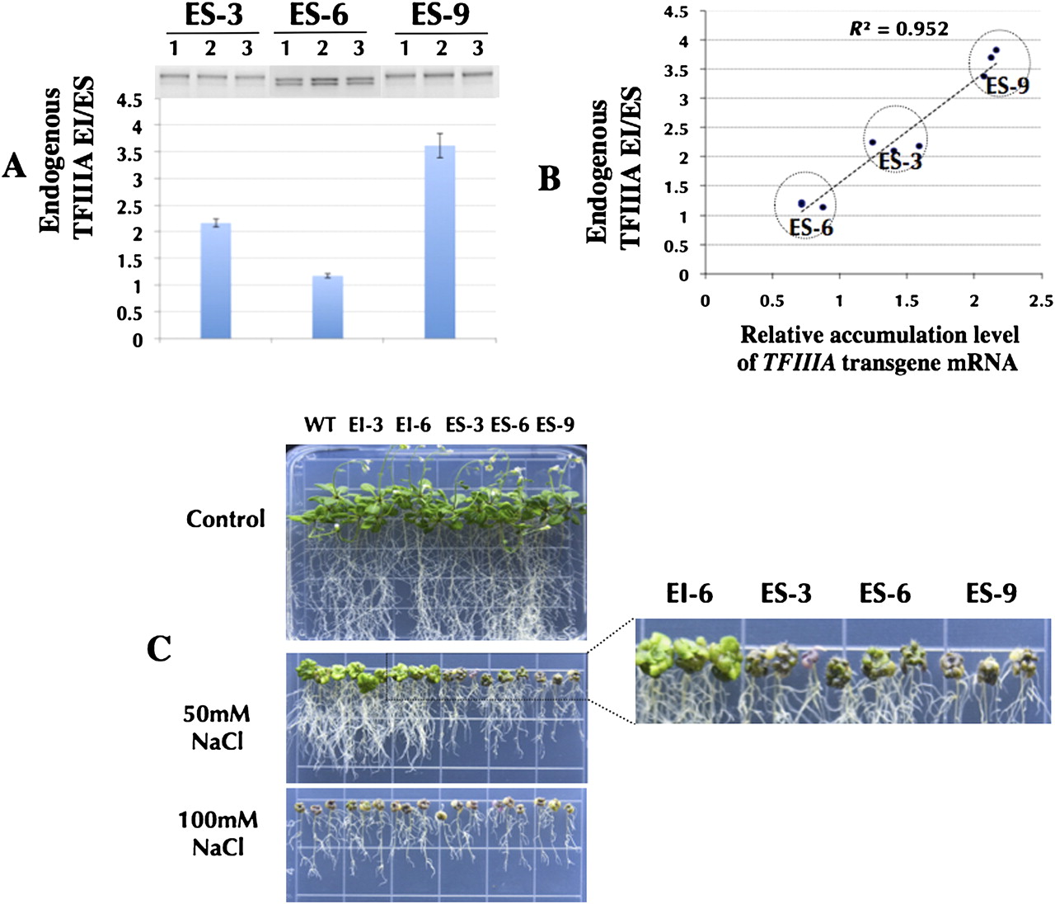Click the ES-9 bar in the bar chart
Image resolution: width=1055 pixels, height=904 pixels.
click(x=439, y=242)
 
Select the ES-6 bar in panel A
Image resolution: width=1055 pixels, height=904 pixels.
click(x=327, y=307)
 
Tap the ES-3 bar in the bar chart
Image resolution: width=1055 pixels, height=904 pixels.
click(x=216, y=280)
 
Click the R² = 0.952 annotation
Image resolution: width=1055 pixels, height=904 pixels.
click(x=899, y=30)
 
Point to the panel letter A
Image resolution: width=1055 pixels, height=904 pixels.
click(x=14, y=167)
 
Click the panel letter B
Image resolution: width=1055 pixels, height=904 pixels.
click(x=550, y=179)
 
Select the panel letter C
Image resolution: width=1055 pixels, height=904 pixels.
click(x=159, y=649)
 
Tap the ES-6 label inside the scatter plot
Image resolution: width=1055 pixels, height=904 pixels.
click(x=811, y=228)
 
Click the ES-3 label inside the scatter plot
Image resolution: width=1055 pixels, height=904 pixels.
click(x=900, y=161)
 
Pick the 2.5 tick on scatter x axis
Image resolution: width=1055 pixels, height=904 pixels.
click(x=1041, y=301)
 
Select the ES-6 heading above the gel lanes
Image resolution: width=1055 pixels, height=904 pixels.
click(x=318, y=15)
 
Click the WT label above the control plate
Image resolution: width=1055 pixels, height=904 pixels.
click(x=320, y=425)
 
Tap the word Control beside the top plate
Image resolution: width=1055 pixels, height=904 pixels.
click(x=225, y=519)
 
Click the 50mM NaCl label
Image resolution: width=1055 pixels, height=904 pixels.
click(x=217, y=727)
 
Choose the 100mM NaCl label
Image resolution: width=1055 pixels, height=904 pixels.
click(x=218, y=833)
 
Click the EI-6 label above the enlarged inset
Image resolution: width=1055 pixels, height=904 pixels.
click(x=689, y=593)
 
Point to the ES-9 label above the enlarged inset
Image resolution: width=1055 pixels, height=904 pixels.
click(x=991, y=593)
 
